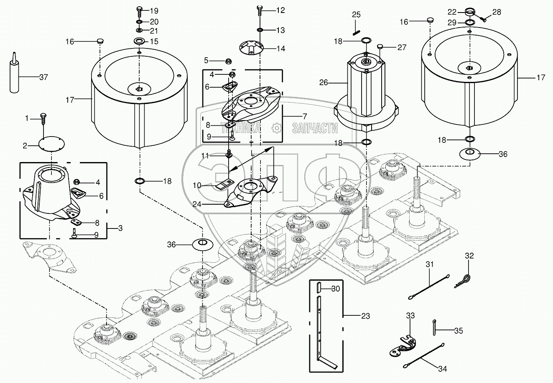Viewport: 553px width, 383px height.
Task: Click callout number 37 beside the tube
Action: [x=43, y=77]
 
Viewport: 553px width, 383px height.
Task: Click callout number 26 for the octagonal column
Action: [x=324, y=83]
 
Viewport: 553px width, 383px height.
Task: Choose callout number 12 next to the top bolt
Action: [x=280, y=10]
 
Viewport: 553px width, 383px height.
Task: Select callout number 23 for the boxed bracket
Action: [x=365, y=316]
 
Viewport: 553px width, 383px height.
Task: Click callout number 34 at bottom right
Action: [x=442, y=369]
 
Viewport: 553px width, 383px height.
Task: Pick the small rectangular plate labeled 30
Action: [x=319, y=288]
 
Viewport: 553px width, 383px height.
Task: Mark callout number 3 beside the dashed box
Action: [x=120, y=228]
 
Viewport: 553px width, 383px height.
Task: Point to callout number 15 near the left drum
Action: [x=154, y=41]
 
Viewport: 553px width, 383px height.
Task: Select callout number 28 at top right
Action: [x=496, y=12]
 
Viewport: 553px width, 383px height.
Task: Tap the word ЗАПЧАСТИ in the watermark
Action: [x=314, y=128]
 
